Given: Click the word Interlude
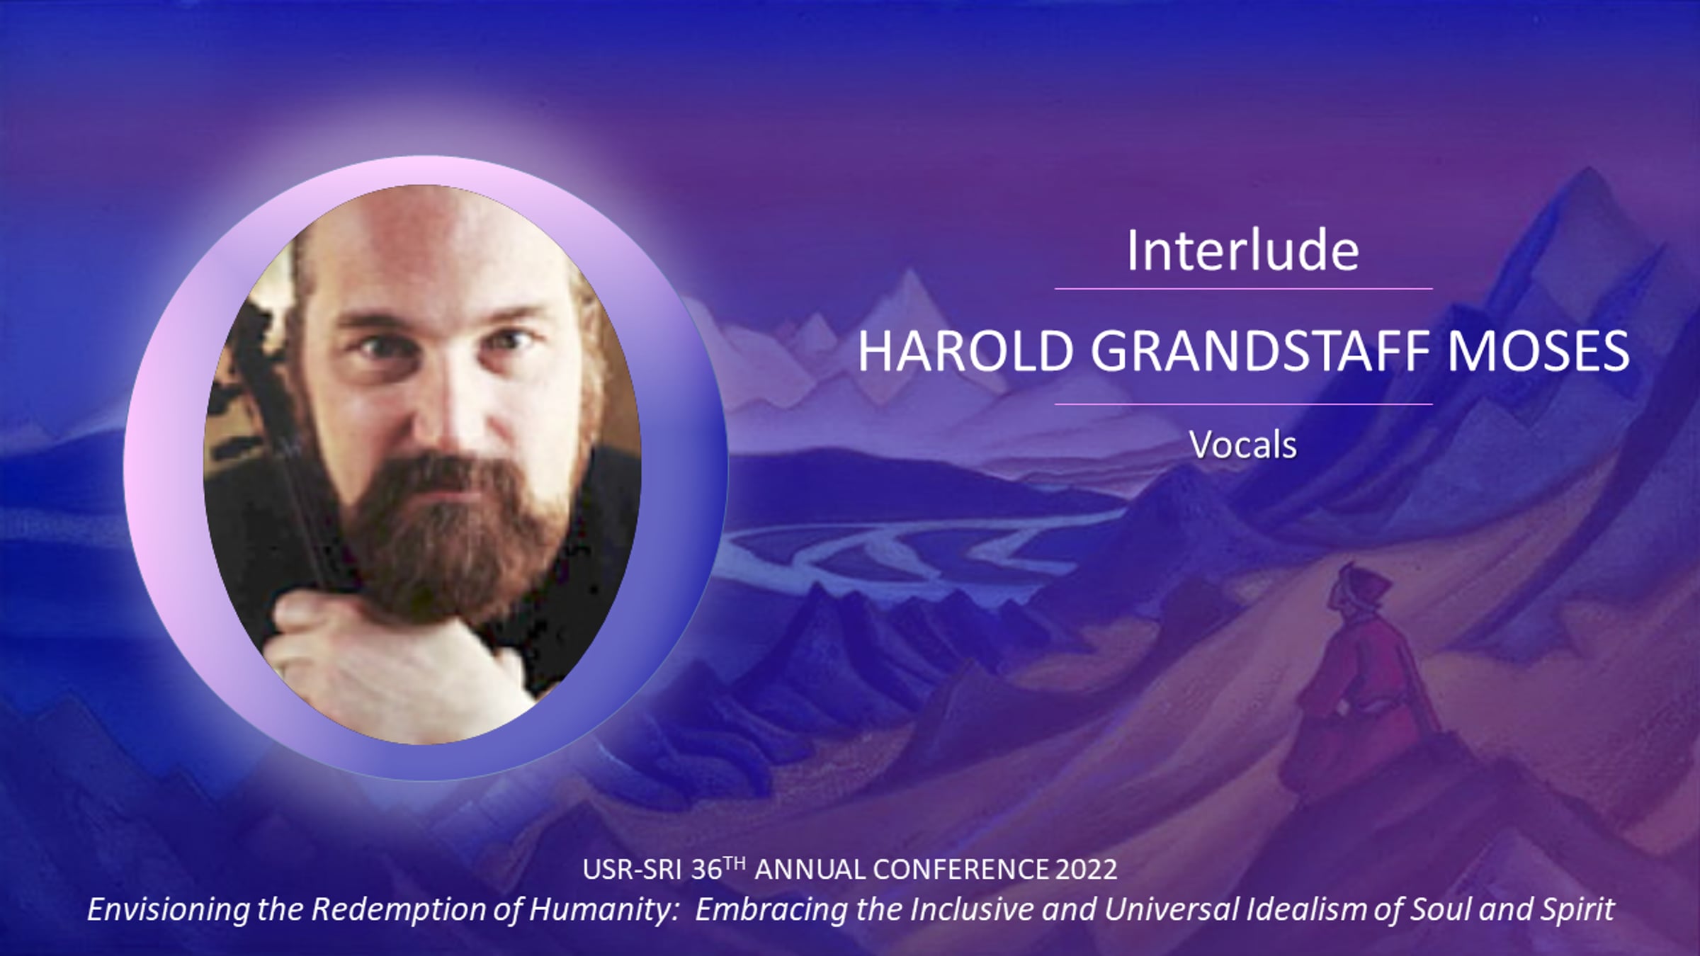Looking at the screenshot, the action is pos(1243,251).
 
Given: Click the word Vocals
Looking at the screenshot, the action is pos(1243,445).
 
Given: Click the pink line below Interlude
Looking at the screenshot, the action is pos(1243,289).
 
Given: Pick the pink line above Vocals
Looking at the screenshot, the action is pos(1243,404).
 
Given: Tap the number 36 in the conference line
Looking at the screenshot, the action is pos(705,870).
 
